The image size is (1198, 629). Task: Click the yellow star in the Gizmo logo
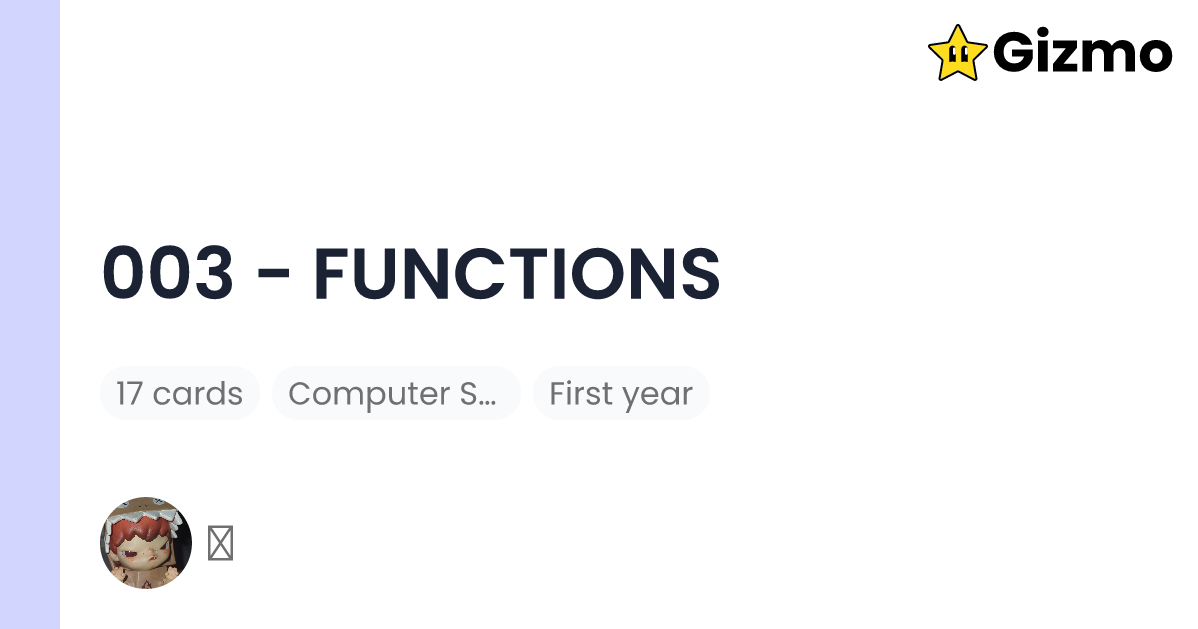tap(957, 53)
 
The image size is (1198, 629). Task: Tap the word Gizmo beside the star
tap(1082, 53)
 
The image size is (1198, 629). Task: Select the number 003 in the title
tap(168, 274)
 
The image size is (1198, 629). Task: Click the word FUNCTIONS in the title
tap(516, 274)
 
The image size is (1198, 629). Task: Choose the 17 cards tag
tap(179, 394)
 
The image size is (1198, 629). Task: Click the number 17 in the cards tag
tap(129, 394)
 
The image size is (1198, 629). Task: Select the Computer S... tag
tap(395, 394)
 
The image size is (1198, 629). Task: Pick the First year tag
tap(621, 394)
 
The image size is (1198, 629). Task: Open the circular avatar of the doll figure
tap(146, 543)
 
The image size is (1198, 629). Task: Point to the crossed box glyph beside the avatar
tap(220, 544)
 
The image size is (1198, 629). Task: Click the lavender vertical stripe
tap(30, 314)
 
